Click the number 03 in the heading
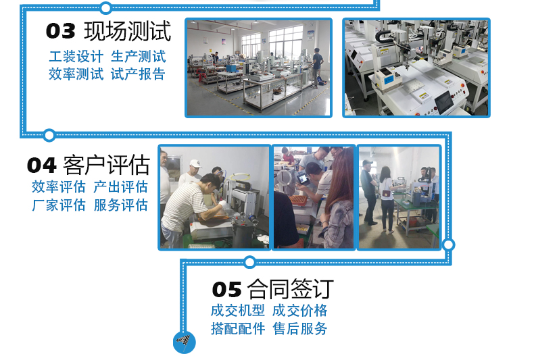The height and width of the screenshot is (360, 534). click(x=60, y=31)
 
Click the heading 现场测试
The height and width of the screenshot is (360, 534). click(x=127, y=31)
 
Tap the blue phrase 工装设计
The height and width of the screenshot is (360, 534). click(x=76, y=57)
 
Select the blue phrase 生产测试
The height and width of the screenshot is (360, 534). click(x=139, y=57)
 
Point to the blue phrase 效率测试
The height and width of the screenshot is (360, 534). click(x=76, y=74)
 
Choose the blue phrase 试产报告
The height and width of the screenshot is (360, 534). click(x=139, y=74)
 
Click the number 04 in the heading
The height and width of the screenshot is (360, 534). click(x=41, y=165)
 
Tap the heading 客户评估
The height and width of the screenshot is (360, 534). click(x=106, y=165)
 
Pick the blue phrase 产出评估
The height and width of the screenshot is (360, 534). click(x=120, y=187)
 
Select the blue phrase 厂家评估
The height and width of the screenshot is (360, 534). click(x=59, y=205)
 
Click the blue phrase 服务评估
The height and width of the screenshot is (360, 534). click(x=120, y=205)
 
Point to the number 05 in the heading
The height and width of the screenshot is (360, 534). click(x=227, y=290)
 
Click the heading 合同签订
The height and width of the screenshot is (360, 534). click(x=290, y=289)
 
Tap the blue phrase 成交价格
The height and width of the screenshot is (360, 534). click(x=299, y=311)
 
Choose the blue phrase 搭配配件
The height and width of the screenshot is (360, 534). click(x=238, y=329)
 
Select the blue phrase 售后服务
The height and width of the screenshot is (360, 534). click(x=299, y=329)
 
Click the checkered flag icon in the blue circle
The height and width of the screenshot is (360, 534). click(x=185, y=341)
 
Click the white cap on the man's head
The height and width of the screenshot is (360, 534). click(x=195, y=163)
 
